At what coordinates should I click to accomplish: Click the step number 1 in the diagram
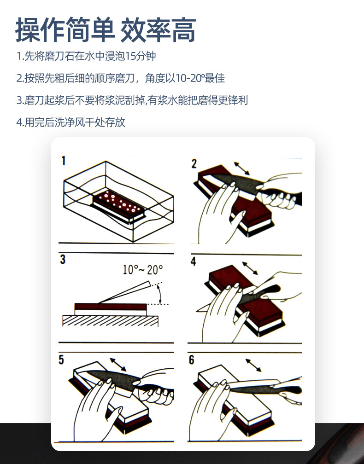pos(64,161)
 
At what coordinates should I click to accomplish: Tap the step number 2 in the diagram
pos(194,163)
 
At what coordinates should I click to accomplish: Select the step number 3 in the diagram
pos(63,260)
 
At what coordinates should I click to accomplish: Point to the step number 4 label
pos(193,261)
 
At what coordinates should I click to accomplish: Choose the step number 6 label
pos(192,360)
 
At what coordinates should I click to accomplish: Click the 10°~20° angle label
pos(142,269)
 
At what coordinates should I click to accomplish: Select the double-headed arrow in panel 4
pos(250,268)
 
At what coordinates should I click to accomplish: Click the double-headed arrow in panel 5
pos(118,364)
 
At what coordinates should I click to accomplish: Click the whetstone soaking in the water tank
pos(119,203)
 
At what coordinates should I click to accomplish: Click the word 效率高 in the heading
pos(158,30)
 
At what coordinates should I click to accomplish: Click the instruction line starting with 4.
pos(70,122)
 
